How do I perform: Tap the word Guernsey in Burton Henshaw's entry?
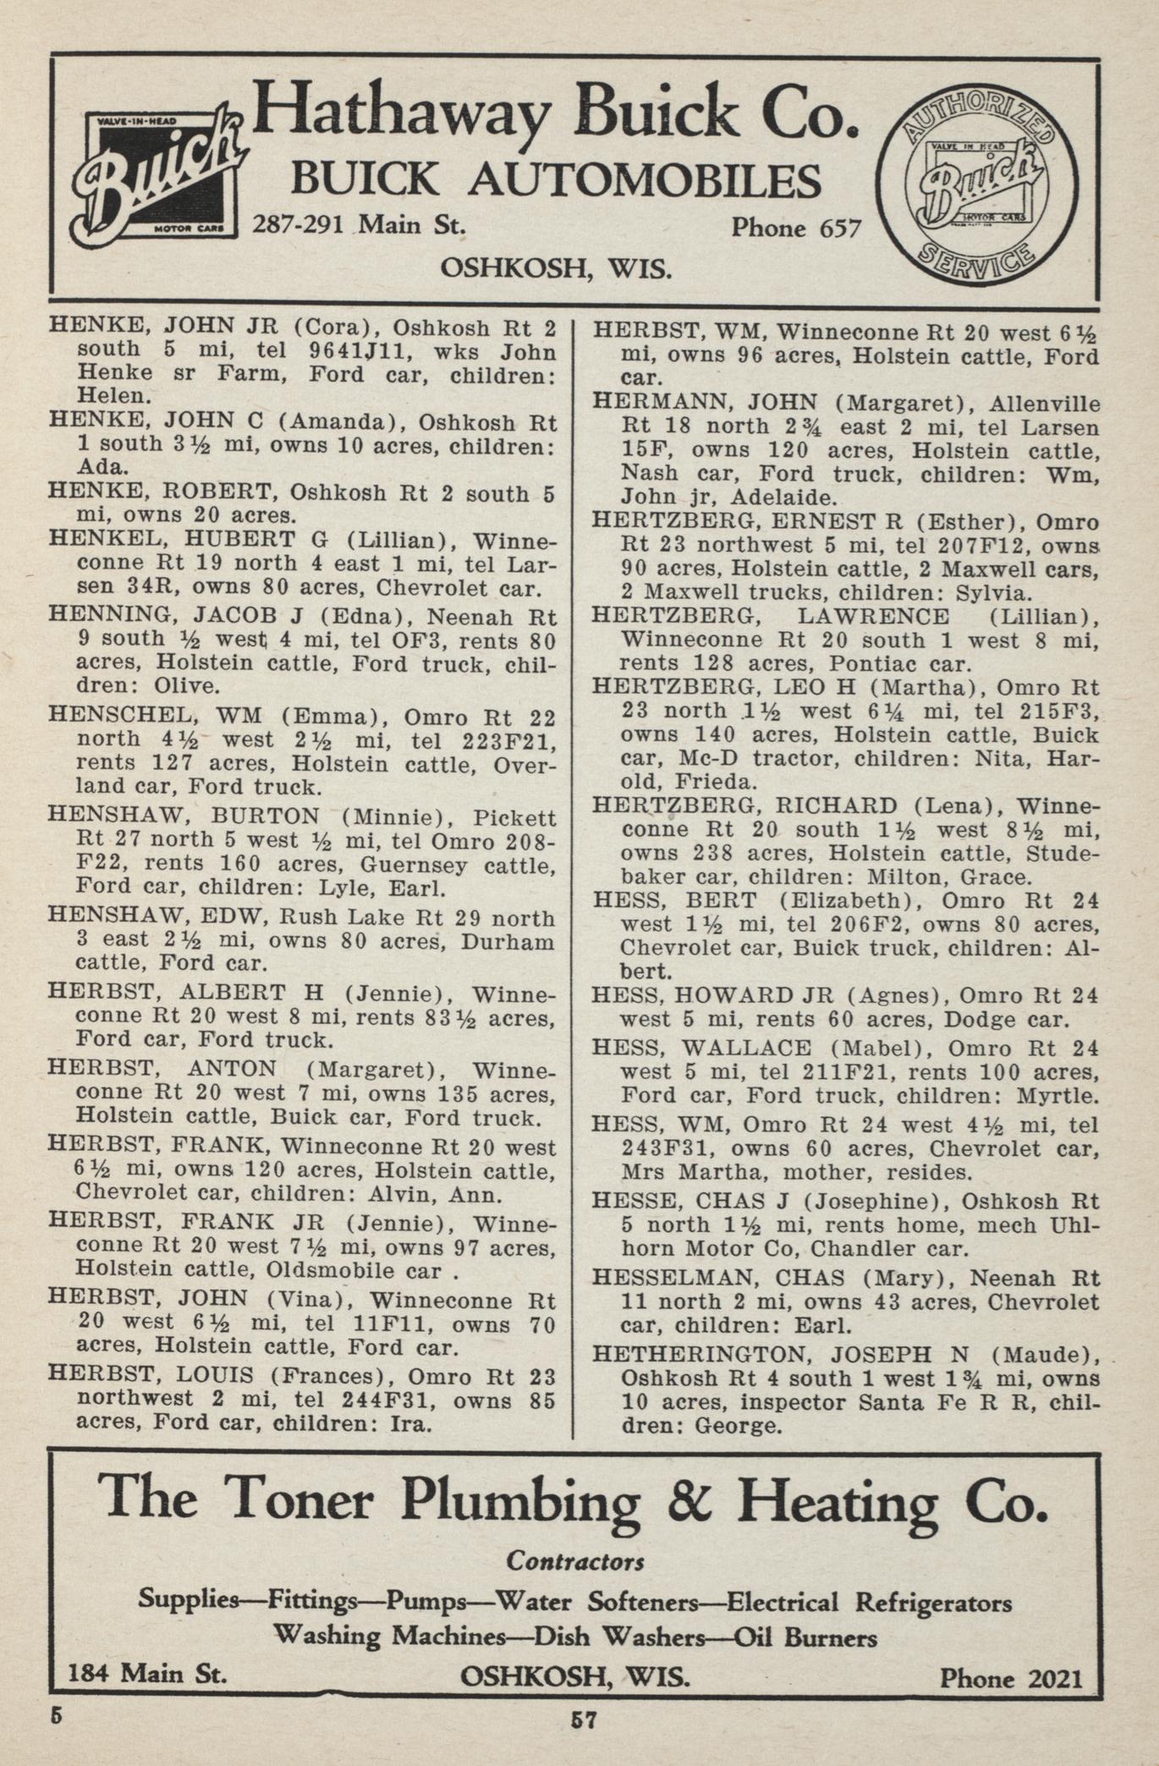[x=415, y=864]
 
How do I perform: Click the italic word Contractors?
[x=575, y=1560]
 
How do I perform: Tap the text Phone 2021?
[x=1011, y=1677]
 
